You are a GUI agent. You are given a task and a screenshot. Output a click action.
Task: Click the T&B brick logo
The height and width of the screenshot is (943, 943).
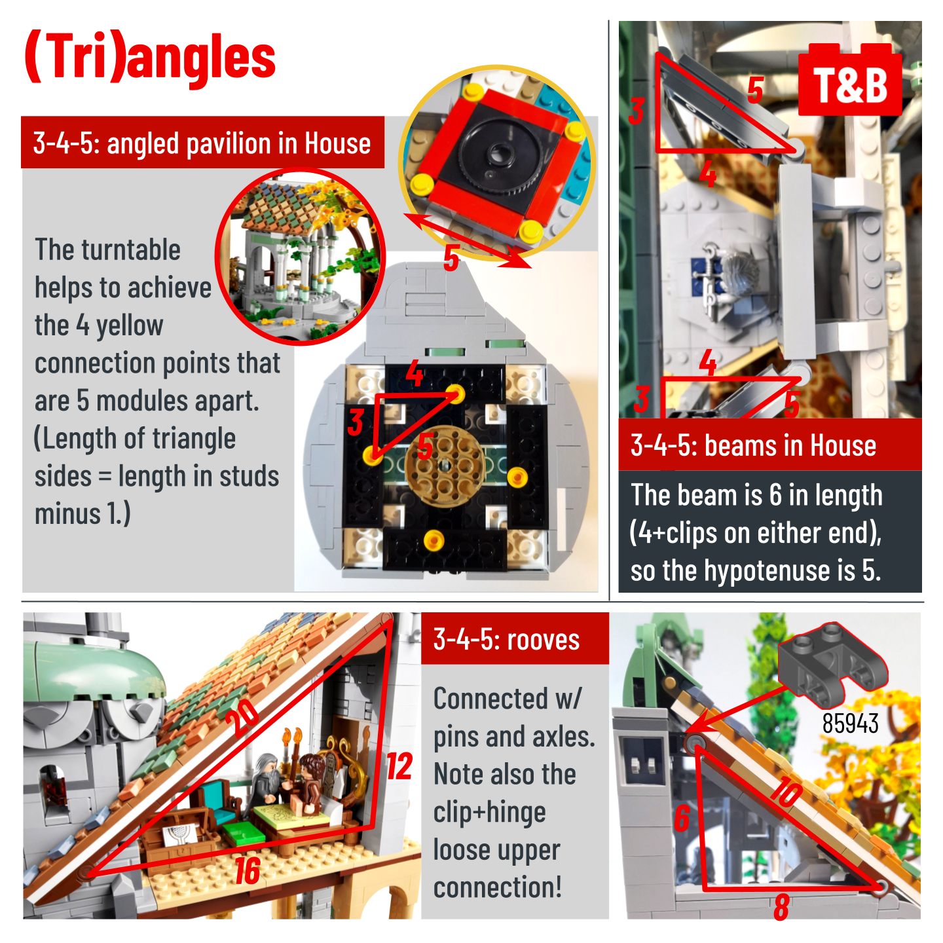849,80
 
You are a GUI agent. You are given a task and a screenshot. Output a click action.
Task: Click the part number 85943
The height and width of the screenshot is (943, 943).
850,723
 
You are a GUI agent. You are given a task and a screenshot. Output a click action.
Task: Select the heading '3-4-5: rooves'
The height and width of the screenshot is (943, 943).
506,640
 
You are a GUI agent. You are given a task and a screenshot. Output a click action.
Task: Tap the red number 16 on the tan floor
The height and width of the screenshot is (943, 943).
248,871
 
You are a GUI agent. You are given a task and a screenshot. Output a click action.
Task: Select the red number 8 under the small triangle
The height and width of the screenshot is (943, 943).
781,906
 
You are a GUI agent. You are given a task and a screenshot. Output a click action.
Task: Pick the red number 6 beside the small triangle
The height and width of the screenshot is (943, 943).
682,818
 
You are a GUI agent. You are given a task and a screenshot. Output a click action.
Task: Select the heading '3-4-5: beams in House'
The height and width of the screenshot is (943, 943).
754,446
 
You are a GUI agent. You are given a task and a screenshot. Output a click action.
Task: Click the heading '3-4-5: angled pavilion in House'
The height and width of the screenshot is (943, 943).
202,143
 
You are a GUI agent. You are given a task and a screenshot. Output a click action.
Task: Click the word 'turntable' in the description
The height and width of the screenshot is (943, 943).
131,250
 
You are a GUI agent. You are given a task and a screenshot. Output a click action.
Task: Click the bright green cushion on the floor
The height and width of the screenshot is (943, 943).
244,832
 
